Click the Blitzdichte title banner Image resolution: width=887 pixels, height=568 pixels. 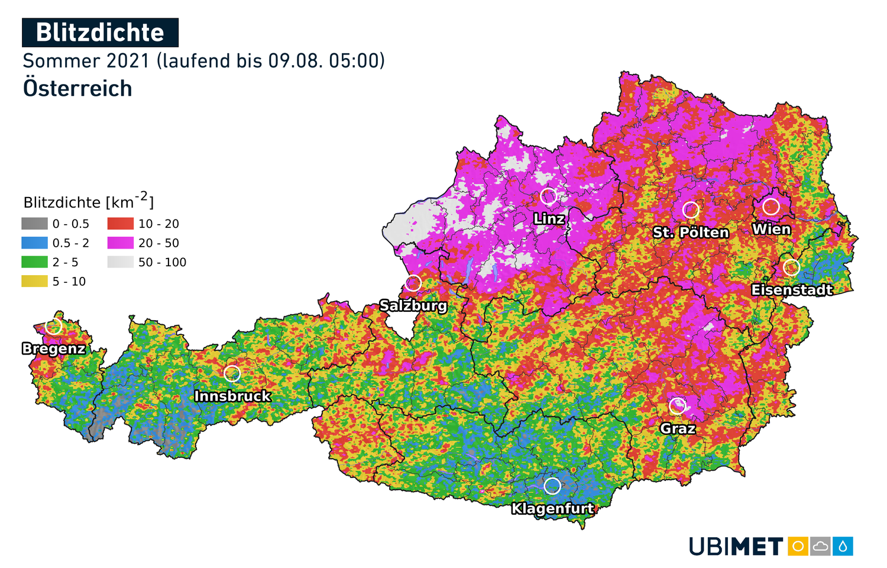(100, 33)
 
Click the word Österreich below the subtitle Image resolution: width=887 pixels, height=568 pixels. (77, 89)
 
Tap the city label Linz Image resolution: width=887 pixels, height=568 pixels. (549, 219)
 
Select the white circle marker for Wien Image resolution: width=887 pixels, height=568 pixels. (771, 206)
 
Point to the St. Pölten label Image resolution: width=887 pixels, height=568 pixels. (691, 233)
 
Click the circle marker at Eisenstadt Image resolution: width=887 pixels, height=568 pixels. (791, 267)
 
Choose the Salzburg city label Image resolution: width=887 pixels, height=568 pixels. (413, 306)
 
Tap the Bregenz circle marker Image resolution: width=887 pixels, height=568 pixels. (54, 326)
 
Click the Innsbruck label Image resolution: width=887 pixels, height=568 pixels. (232, 396)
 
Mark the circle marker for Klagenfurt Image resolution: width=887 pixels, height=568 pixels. (552, 486)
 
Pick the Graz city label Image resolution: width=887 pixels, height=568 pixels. (678, 428)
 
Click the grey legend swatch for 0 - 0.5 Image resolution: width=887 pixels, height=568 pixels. (34, 224)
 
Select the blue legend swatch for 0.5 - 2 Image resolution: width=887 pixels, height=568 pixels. (34, 243)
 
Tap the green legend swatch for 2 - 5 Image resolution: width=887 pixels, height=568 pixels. (34, 262)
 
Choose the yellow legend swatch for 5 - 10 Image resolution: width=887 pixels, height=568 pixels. (34, 282)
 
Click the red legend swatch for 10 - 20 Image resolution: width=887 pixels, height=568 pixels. (121, 224)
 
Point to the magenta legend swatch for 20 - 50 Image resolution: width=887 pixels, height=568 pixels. (121, 243)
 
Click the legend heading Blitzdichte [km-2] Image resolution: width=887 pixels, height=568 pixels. (89, 202)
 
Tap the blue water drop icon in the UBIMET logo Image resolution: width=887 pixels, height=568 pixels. (843, 546)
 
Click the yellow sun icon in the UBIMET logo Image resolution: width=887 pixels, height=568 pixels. (798, 546)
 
